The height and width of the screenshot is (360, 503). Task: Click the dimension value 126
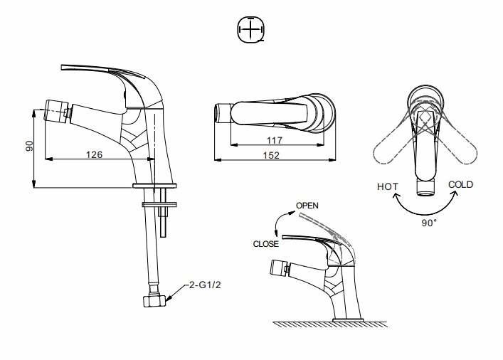(95, 154)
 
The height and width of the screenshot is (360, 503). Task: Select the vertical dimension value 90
(29, 146)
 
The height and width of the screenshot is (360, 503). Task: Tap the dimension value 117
(275, 140)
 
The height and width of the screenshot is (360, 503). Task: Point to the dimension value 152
(271, 155)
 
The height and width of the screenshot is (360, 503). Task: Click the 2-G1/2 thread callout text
(205, 285)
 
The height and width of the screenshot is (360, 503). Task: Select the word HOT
(388, 186)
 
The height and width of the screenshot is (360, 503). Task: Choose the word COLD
(460, 184)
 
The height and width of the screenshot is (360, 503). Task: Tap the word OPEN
(307, 206)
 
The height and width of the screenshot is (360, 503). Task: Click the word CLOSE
(265, 244)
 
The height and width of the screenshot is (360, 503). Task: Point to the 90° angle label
(429, 223)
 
